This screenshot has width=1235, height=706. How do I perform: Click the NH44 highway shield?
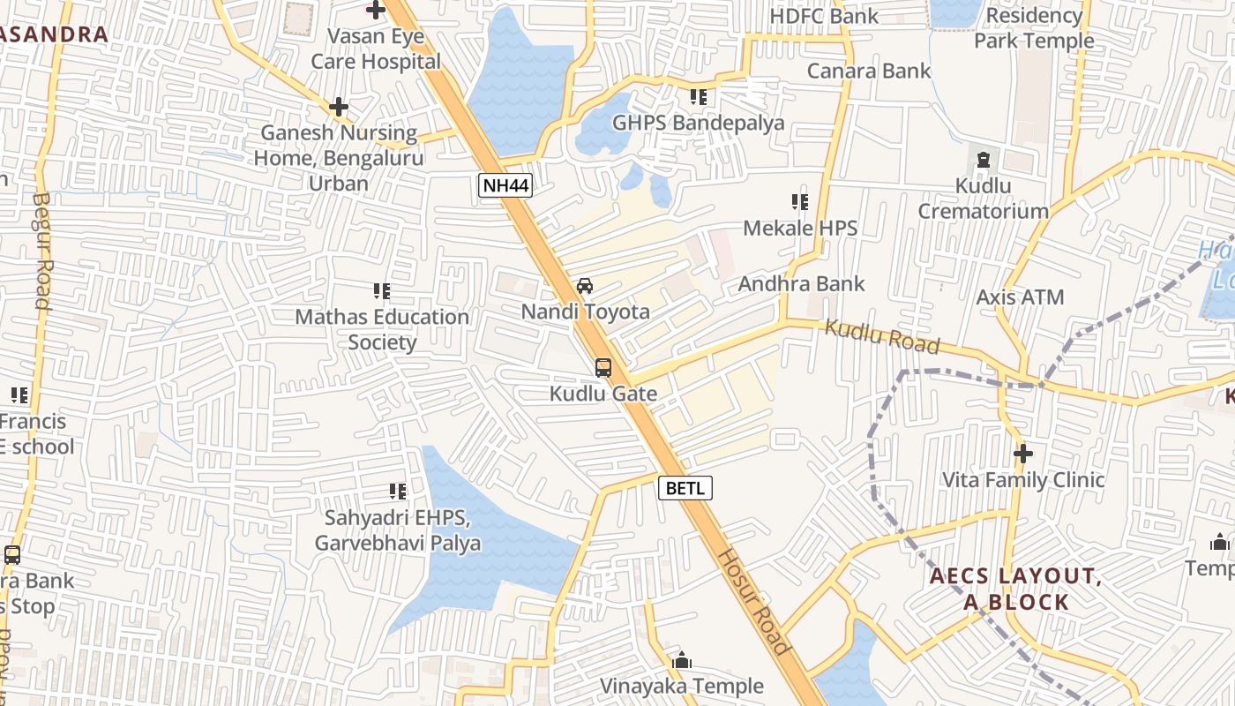(x=505, y=185)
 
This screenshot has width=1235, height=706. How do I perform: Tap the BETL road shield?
(x=685, y=488)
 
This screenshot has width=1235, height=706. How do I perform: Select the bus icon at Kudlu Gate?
(x=603, y=368)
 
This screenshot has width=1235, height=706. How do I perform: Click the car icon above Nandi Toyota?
(x=584, y=286)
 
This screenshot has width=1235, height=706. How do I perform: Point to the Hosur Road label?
(x=752, y=601)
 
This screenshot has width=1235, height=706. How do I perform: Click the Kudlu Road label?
(x=882, y=335)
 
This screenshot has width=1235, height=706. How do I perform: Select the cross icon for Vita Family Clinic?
(x=1023, y=454)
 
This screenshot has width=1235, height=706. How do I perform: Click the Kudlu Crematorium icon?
(x=984, y=161)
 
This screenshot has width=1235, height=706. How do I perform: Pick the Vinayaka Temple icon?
(x=682, y=660)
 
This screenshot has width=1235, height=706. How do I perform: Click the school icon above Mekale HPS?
(x=800, y=202)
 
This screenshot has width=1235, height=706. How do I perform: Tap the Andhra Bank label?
(x=801, y=284)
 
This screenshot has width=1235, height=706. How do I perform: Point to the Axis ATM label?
(x=1020, y=297)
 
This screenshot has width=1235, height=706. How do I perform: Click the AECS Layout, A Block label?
(x=1014, y=590)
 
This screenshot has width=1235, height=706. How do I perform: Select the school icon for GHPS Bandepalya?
(x=699, y=96)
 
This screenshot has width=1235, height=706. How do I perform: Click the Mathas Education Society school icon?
(x=382, y=290)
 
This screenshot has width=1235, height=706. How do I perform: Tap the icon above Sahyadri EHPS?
(x=398, y=491)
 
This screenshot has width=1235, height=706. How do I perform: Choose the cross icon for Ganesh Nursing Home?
(x=339, y=107)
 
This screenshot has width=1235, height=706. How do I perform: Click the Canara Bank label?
(x=869, y=71)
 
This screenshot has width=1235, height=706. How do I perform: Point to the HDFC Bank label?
(x=824, y=16)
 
